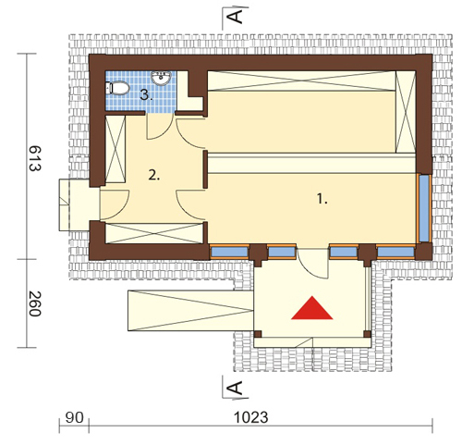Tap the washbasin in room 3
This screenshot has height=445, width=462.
click(161, 78)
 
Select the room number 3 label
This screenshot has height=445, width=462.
click(146, 95)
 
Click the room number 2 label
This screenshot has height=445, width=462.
click(154, 176)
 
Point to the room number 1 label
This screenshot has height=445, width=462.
click(322, 199)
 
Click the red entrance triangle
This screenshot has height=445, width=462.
click(312, 308)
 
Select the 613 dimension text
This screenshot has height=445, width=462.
click(34, 158)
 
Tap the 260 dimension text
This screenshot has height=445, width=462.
click(34, 303)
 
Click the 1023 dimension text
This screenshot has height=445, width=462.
click(251, 418)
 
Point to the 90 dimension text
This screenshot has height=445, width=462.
click(74, 418)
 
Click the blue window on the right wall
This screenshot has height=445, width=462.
click(424, 208)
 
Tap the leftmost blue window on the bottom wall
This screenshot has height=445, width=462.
click(229, 252)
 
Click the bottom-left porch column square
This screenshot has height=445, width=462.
click(258, 334)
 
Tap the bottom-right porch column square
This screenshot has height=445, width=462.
click(368, 334)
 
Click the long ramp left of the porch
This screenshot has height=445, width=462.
click(190, 311)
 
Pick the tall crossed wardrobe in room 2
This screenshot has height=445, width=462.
click(115, 149)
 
